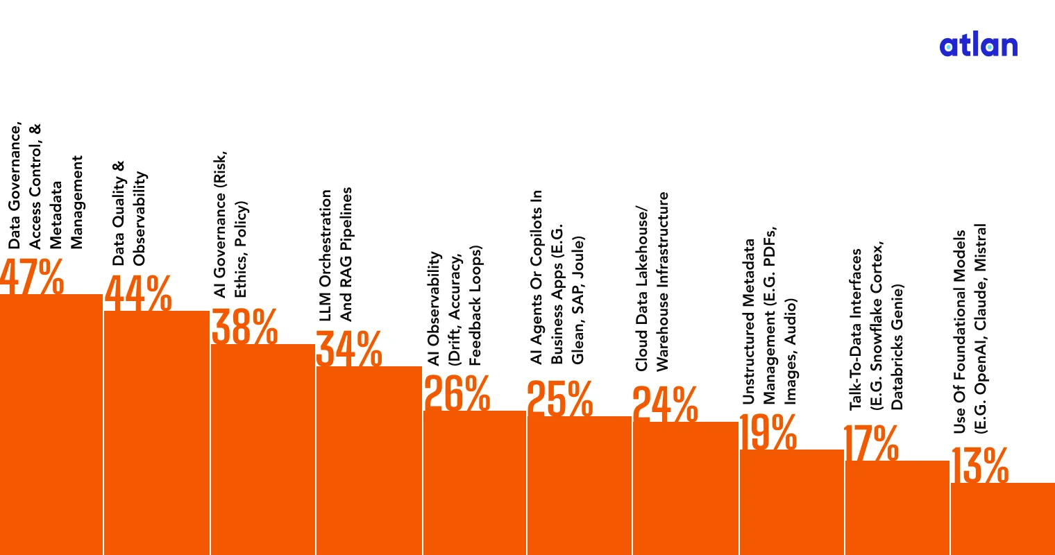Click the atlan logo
[x=978, y=46]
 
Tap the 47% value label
[x=32, y=276]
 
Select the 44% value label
[x=138, y=293]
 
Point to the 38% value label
[x=244, y=326]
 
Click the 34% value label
[x=349, y=348]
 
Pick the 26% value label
[x=457, y=393]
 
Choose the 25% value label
[x=560, y=398]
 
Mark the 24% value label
[x=665, y=404]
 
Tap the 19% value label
[x=768, y=432]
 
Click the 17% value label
[x=871, y=443]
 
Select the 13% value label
[x=979, y=465]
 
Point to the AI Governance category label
[x=230, y=225]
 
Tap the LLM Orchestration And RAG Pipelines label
[x=336, y=255]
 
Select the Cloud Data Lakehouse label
[x=652, y=282]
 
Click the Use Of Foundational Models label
[x=970, y=329]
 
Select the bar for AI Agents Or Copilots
[x=580, y=485]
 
